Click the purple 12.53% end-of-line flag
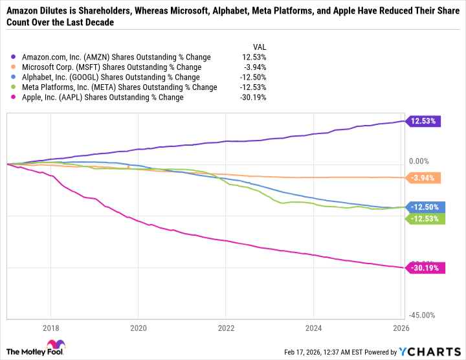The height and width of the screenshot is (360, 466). [x=423, y=121]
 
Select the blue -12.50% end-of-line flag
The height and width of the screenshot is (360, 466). [x=423, y=207]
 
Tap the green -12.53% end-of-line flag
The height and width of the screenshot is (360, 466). [x=423, y=219]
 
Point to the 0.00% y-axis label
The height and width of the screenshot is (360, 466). [x=421, y=161]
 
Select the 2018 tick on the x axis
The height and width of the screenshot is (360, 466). [x=51, y=328]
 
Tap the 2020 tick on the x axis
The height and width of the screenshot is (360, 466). [x=139, y=328]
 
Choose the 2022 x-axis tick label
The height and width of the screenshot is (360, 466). [x=226, y=328]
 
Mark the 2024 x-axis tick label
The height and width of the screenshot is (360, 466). [x=313, y=328]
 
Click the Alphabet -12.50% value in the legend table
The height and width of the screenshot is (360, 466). [x=254, y=77]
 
